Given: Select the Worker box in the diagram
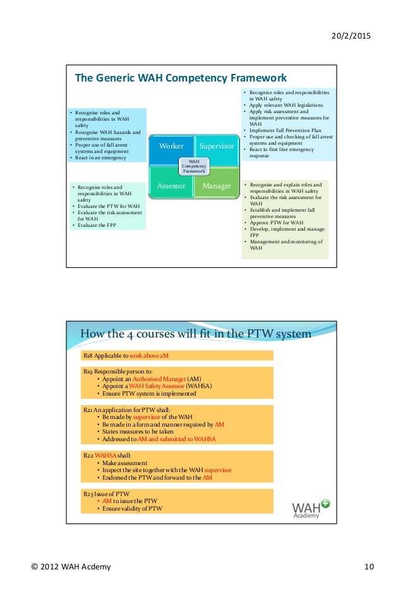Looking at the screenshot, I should [171, 146].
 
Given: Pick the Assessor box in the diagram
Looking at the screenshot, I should [171, 186].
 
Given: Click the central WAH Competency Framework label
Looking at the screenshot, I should [195, 166].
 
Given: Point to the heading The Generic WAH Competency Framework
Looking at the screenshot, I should [181, 78].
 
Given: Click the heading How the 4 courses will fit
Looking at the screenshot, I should [195, 334].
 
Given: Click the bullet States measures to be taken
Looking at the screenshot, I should [135, 431].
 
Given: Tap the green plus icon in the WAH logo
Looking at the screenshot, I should [325, 503].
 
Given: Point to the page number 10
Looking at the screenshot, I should [369, 566].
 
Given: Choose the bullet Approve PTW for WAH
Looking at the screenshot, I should [277, 223].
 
